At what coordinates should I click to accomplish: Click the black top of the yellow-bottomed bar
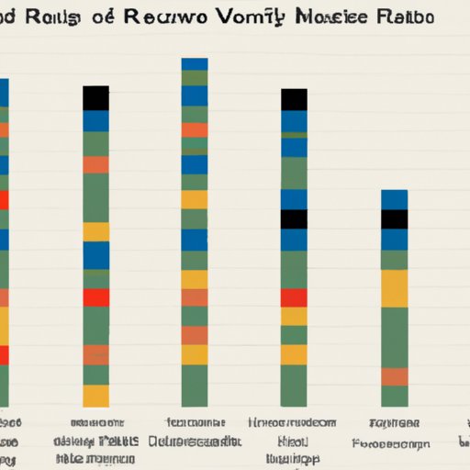(x=96, y=97)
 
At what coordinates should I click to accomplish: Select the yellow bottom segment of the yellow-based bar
(x=96, y=396)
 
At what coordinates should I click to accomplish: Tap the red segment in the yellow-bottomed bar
(x=96, y=297)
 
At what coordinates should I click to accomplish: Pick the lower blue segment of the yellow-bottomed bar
(x=96, y=254)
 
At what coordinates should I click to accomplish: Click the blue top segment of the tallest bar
(x=194, y=63)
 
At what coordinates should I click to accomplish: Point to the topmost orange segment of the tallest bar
(x=194, y=130)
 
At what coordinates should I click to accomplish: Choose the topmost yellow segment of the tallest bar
(x=194, y=199)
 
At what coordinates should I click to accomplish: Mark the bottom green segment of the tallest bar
(x=194, y=386)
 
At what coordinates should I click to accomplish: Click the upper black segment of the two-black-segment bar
(x=294, y=99)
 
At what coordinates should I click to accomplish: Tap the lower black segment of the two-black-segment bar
(x=294, y=219)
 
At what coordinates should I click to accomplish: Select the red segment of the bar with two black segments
(x=294, y=297)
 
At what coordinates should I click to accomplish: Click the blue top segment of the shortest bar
(x=394, y=199)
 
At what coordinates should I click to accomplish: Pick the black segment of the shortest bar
(x=394, y=219)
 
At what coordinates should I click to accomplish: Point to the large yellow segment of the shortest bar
(x=394, y=288)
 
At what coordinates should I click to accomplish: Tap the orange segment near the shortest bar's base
(x=394, y=376)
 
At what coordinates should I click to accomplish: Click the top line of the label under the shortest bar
(x=394, y=422)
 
